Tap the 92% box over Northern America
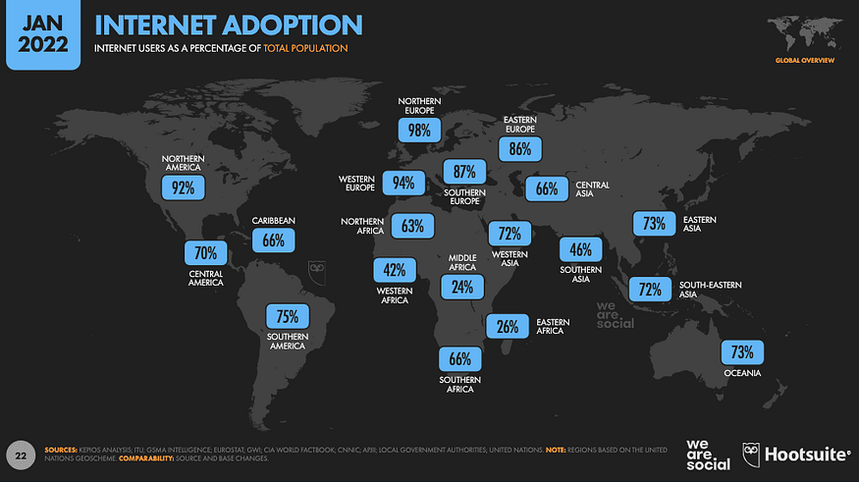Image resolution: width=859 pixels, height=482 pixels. (x=183, y=186)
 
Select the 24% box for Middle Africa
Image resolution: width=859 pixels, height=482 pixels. (x=462, y=287)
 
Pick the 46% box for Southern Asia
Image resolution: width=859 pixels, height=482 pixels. (x=581, y=249)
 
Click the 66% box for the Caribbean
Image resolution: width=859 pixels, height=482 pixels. (x=274, y=241)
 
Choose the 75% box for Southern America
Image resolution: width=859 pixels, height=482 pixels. (x=288, y=316)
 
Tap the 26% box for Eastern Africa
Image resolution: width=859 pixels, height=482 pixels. (x=508, y=327)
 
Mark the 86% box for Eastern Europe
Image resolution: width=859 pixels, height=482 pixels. (x=519, y=149)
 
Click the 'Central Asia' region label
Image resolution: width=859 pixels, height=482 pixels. (x=593, y=188)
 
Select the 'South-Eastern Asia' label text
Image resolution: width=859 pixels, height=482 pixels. (x=711, y=290)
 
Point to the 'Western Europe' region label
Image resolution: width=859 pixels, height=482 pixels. (x=358, y=184)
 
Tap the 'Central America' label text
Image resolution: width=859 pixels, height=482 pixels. (x=206, y=278)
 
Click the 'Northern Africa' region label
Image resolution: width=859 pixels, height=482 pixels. (x=362, y=226)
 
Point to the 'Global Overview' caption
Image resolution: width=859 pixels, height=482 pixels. (x=804, y=61)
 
